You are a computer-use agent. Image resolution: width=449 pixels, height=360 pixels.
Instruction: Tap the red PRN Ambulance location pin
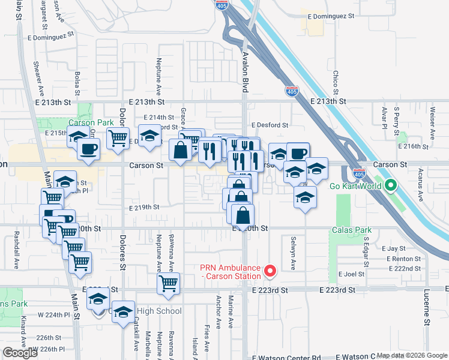270,272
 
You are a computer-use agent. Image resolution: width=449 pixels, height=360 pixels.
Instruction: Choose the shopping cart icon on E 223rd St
169,283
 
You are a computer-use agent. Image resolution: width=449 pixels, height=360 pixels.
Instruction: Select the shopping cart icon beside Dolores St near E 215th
118,137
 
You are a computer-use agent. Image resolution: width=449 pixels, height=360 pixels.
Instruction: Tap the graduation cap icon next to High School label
124,312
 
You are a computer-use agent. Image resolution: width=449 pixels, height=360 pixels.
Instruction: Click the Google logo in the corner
20,353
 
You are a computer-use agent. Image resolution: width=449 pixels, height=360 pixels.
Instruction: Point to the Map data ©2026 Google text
411,356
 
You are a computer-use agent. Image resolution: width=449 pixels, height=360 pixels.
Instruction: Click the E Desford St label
270,125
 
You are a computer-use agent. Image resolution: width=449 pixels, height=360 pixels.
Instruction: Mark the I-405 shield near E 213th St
291,91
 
